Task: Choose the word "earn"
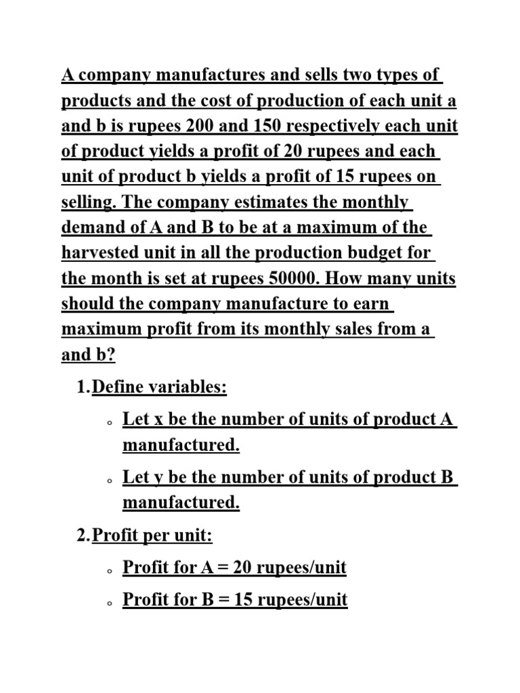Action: [x=372, y=303]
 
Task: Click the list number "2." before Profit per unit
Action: [x=83, y=537]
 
